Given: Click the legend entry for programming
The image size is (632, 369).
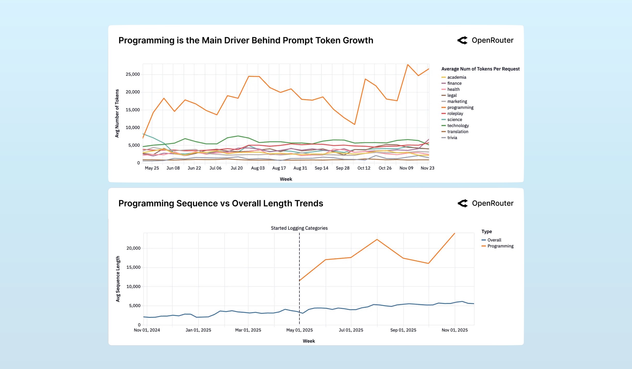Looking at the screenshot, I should point(460,107).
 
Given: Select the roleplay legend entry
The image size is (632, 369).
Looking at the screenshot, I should point(455,114).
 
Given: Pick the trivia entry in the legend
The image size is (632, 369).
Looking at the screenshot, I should point(452,138).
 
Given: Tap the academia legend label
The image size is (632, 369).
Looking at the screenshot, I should point(456,77).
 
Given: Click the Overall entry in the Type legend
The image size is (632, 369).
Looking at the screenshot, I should point(494,240).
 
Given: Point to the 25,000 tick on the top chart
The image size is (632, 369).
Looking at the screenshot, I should point(132,74).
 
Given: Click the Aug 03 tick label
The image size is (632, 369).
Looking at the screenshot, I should point(258,168).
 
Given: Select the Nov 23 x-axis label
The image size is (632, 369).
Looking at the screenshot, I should point(427,168).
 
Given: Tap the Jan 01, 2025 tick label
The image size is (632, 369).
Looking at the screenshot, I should point(198,330).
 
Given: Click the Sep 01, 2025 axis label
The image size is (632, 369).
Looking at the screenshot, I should point(403,330).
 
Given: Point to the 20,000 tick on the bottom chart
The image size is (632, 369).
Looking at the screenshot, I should point(133,248).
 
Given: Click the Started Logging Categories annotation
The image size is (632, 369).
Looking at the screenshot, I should point(299,228).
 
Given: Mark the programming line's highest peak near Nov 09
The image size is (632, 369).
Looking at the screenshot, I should point(407,65).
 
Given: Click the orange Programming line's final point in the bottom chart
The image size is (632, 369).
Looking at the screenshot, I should point(454,233).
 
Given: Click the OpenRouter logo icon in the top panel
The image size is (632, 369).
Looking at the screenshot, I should point(462,40).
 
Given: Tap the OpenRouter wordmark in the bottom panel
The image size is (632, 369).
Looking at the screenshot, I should point(493,203).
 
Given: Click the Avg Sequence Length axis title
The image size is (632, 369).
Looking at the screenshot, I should point(118,279).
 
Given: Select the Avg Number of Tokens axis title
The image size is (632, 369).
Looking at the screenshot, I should point(117,113).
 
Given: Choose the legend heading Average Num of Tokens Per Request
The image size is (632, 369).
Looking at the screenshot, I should point(480,69).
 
